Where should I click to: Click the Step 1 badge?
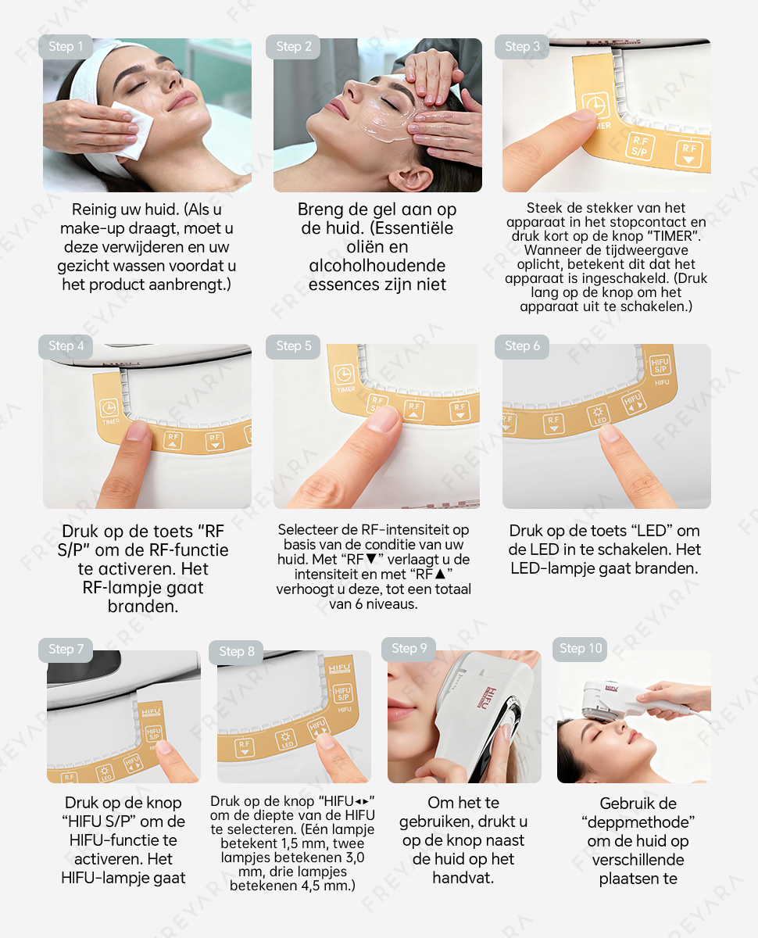click(x=66, y=47)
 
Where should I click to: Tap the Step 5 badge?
click(x=293, y=346)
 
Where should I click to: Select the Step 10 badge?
click(x=580, y=649)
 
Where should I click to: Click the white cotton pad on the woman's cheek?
click(x=131, y=130)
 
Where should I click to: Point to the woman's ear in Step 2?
click(x=410, y=178)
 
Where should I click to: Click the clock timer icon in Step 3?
click(x=595, y=106)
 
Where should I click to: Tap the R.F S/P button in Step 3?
click(x=640, y=147)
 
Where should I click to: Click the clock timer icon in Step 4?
click(x=109, y=407)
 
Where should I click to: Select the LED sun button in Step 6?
click(x=599, y=415)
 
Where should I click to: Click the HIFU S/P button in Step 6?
click(x=660, y=366)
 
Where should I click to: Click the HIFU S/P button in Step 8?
click(x=342, y=694)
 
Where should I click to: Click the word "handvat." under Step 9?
click(x=463, y=878)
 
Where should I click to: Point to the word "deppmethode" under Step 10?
click(x=638, y=822)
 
